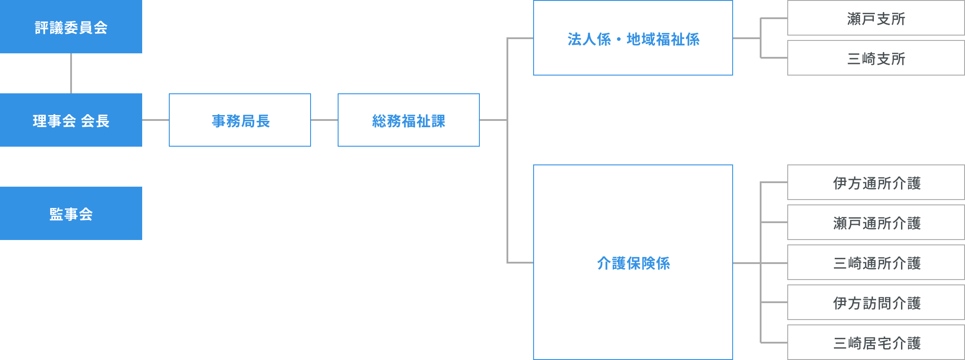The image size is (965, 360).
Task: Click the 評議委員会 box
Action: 71,27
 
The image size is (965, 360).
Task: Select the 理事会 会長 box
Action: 71,120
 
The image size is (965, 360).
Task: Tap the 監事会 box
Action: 71,213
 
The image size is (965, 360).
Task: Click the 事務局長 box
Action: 240,120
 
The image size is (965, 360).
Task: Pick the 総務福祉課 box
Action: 409,120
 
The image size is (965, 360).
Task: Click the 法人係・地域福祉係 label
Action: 633,39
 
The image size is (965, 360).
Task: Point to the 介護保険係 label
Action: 633,263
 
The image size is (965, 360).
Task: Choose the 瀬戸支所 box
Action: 876,18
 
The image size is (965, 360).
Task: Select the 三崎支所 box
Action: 876,58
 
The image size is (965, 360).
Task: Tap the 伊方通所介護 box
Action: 876,183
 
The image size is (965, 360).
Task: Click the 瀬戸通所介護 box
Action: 876,223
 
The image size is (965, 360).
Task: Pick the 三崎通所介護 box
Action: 876,263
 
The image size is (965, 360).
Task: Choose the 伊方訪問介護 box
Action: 876,303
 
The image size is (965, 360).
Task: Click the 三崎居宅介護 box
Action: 876,343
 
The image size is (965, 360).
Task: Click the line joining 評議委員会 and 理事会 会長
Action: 71,73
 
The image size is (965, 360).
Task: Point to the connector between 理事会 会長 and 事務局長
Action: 156,120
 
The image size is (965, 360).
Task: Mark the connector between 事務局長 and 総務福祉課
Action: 324,120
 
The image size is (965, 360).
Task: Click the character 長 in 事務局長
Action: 263,121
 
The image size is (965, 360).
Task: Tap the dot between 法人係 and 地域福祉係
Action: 618,40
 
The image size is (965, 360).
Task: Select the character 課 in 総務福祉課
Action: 438,121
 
